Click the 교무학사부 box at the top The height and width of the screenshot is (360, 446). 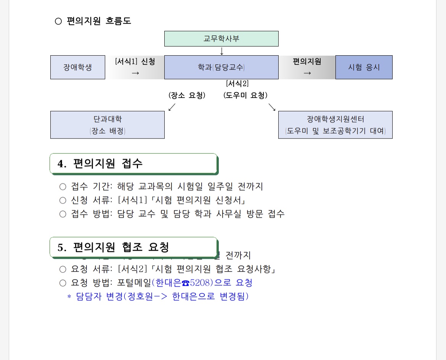[x=221, y=39]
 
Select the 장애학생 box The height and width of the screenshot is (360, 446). [x=77, y=67]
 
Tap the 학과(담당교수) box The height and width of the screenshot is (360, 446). [x=221, y=67]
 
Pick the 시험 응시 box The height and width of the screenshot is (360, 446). [x=364, y=67]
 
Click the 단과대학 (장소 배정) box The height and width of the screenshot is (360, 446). [x=107, y=125]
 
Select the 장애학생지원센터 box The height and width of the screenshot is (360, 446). [x=335, y=125]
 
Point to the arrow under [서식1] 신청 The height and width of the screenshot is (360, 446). [x=135, y=73]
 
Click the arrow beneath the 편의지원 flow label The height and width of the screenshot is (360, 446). [x=307, y=73]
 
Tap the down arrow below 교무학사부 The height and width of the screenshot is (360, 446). [x=221, y=51]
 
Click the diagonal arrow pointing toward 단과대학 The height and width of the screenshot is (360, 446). [x=172, y=107]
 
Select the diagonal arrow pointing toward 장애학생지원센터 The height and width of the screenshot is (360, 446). [x=272, y=107]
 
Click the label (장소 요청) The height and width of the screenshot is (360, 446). [x=187, y=95]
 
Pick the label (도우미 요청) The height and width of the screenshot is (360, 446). [x=245, y=95]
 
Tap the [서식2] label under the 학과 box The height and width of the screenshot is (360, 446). [x=237, y=84]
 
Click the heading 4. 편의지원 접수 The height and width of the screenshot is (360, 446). [x=100, y=164]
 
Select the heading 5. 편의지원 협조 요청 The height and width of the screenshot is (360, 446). [x=113, y=247]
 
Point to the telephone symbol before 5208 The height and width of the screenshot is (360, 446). [x=186, y=283]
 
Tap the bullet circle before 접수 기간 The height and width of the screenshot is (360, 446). [x=63, y=187]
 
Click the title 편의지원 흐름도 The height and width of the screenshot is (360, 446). [x=99, y=21]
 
